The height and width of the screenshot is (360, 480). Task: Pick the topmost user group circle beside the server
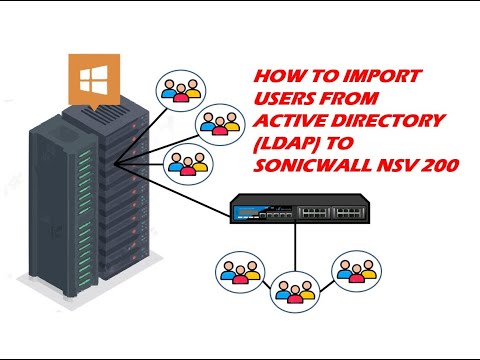(x=181, y=88)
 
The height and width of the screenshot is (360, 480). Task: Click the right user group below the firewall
(x=358, y=272)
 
